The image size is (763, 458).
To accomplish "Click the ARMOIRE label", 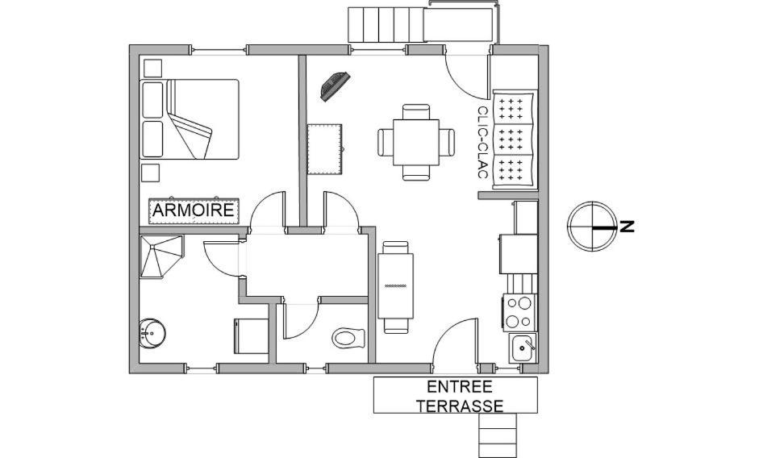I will pyautogui.click(x=194, y=210).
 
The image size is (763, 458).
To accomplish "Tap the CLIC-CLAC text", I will pyautogui.click(x=482, y=143).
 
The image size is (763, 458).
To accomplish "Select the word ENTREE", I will pyautogui.click(x=459, y=387).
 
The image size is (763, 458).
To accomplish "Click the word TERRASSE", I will pyautogui.click(x=460, y=406).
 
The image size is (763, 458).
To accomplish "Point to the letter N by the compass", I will pyautogui.click(x=627, y=227).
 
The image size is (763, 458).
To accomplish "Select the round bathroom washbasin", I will pyautogui.click(x=151, y=331).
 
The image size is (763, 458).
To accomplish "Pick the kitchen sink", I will pyautogui.click(x=523, y=348).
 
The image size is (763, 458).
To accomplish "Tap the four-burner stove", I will pyautogui.click(x=519, y=312).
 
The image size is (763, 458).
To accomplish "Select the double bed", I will pyautogui.click(x=192, y=119).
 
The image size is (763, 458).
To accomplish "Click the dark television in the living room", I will pyautogui.click(x=335, y=85).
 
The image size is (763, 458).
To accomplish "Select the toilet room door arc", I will pyautogui.click(x=301, y=321).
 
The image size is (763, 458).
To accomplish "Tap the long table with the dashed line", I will pyautogui.click(x=396, y=286).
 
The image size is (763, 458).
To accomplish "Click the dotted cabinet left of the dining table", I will pyautogui.click(x=326, y=149).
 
